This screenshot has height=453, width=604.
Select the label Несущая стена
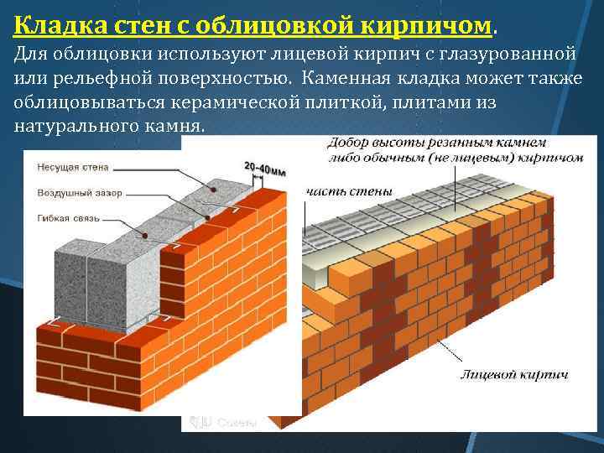pyautogui.click(x=74, y=167)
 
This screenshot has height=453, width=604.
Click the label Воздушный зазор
pyautogui.click(x=79, y=193)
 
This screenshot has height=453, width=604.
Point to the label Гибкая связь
pyautogui.click(x=69, y=218)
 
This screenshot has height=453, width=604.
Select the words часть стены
pyautogui.click(x=348, y=191)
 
